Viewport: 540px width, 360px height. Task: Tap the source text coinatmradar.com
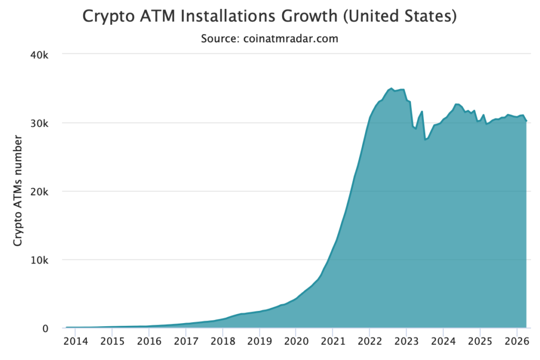click(269, 38)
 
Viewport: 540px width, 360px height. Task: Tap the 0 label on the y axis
click(45, 328)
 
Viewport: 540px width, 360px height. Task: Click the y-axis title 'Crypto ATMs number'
click(18, 191)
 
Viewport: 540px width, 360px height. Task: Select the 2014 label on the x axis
click(75, 342)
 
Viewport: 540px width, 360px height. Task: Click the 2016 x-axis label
click(149, 342)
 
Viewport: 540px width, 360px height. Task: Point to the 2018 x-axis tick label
click(223, 342)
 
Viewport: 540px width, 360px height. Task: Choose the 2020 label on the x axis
click(296, 342)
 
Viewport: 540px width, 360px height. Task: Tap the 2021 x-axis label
click(333, 342)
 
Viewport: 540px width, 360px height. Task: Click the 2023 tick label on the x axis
click(406, 342)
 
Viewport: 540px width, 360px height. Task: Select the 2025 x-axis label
click(480, 342)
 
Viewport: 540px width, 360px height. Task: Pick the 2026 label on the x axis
click(516, 342)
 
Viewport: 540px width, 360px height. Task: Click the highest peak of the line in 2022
click(391, 89)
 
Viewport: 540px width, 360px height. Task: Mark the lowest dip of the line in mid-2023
click(425, 139)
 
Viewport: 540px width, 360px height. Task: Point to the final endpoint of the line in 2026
click(526, 121)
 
